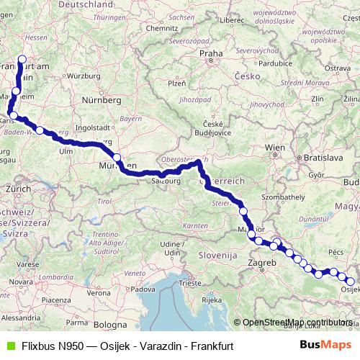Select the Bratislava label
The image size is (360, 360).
tap(320, 156)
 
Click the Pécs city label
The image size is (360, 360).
tap(336, 254)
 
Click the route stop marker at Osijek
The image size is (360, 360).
tap(351, 282)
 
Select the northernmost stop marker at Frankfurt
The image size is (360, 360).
tap(22, 60)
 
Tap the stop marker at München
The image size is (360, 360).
tap(117, 158)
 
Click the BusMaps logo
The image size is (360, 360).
tap(325, 345)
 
